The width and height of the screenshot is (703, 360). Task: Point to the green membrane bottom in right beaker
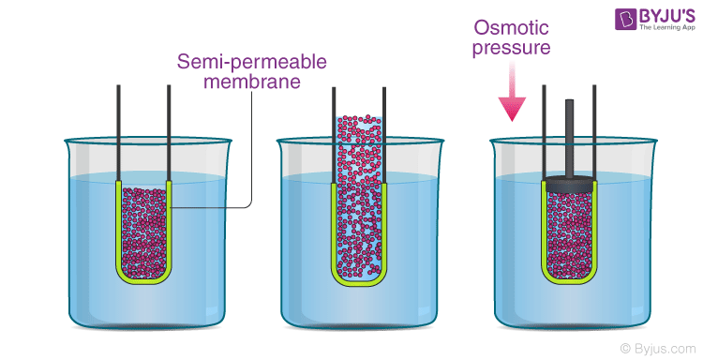(570, 278)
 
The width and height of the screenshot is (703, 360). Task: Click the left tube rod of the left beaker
(119, 131)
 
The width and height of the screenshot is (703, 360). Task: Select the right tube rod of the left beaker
(169, 131)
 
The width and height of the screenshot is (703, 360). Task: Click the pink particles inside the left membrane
(143, 230)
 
